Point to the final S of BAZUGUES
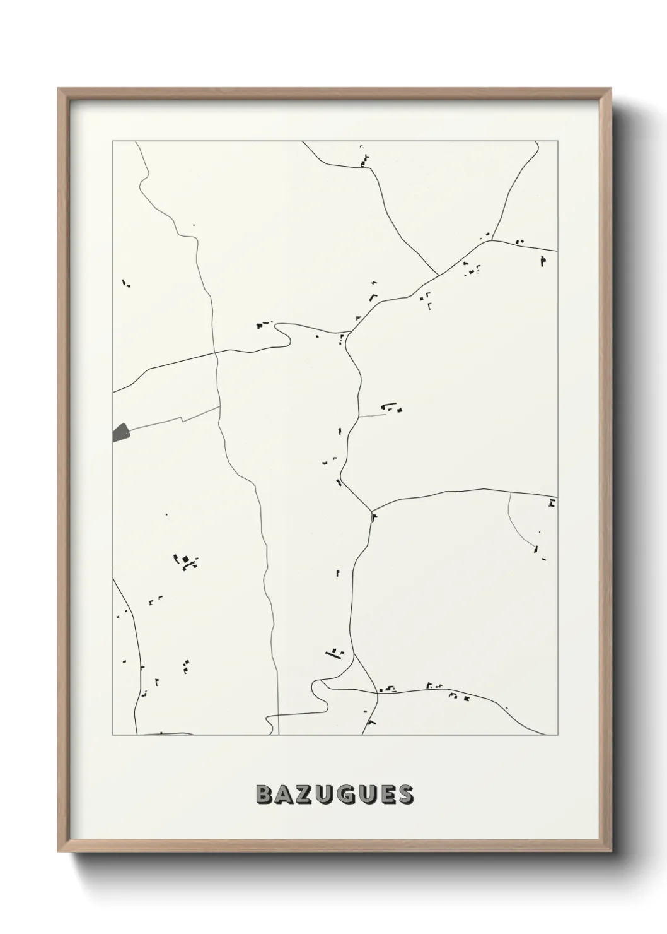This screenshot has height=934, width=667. click(x=405, y=795)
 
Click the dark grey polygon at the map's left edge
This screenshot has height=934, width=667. click(x=120, y=433)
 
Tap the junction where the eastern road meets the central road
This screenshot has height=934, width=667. click(x=371, y=510)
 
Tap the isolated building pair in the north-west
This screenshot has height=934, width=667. click(x=126, y=283)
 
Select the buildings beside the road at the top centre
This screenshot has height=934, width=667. click(x=364, y=160)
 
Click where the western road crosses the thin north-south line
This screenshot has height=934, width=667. click(x=216, y=352)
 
